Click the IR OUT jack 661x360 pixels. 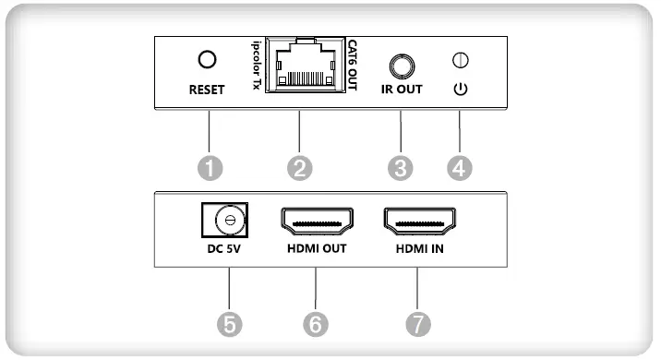coord(401,66)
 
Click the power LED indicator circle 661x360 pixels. coord(459,61)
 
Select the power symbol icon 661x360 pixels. coord(459,91)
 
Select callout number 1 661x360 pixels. coord(210,167)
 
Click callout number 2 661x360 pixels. coord(299,167)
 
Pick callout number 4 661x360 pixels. coord(459,167)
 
